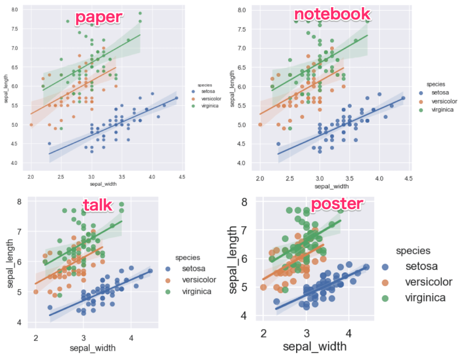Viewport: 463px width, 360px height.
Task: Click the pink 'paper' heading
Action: point(99,17)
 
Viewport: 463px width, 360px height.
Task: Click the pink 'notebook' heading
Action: point(332,14)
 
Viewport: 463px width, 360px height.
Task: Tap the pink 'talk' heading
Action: point(97,205)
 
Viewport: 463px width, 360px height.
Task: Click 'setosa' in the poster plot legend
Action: point(421,266)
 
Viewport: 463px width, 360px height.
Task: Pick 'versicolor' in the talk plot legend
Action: point(199,280)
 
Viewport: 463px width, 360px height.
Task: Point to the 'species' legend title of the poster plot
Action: point(413,251)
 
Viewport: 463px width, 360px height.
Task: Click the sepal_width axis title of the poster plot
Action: point(315,346)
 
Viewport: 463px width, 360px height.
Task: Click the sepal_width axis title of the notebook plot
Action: point(332,186)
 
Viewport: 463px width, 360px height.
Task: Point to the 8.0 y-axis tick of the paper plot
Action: point(14,9)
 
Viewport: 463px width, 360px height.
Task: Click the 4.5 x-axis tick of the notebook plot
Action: point(408,179)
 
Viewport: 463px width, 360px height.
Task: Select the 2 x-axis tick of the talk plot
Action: point(36,338)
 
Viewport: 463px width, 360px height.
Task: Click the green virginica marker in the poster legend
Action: point(385,298)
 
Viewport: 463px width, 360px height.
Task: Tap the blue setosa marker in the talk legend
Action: point(168,269)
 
